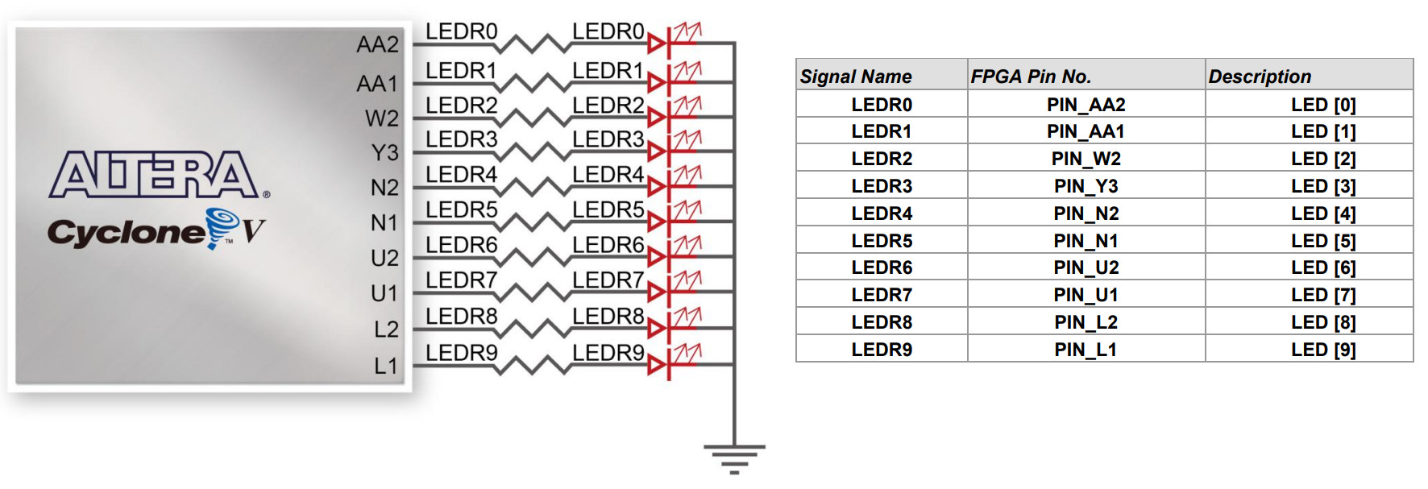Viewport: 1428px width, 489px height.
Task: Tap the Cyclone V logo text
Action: pyautogui.click(x=156, y=230)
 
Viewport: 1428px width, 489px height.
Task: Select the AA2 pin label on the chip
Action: pyautogui.click(x=377, y=44)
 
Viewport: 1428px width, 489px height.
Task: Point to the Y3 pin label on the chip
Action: pyautogui.click(x=384, y=152)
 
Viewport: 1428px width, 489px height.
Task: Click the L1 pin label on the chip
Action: pyautogui.click(x=385, y=366)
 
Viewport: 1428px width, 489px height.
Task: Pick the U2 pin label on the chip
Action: pyautogui.click(x=384, y=258)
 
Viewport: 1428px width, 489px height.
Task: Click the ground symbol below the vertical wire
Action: pyautogui.click(x=734, y=458)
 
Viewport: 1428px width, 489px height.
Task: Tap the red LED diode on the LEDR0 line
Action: pyautogui.click(x=658, y=43)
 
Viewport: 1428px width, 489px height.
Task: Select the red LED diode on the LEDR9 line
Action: pyautogui.click(x=658, y=365)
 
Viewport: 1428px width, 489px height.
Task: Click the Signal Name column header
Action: pyautogui.click(x=856, y=77)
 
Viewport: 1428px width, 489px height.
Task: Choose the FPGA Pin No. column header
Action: pyautogui.click(x=1031, y=77)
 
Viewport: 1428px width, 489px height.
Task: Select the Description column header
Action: pyautogui.click(x=1260, y=77)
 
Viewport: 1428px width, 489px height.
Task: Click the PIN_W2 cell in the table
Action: pyautogui.click(x=1086, y=159)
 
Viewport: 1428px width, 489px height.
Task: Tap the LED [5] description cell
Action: pyautogui.click(x=1323, y=241)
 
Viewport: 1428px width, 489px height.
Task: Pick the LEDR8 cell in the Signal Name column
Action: pyautogui.click(x=882, y=322)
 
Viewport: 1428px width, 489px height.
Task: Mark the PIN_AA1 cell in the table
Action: pyautogui.click(x=1086, y=131)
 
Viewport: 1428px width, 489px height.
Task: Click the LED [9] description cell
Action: pyautogui.click(x=1323, y=350)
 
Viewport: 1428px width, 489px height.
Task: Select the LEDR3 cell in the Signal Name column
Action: pyautogui.click(x=882, y=186)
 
